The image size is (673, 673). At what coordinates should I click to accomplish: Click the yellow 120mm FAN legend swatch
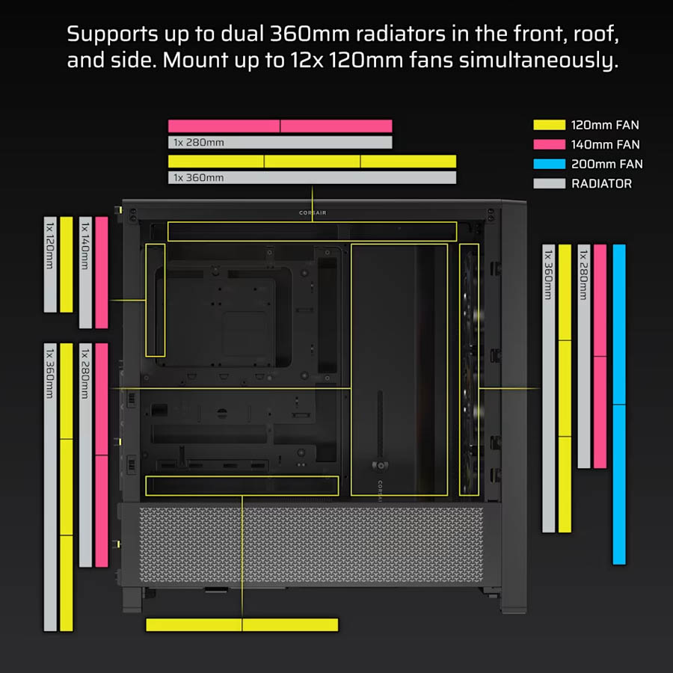point(549,125)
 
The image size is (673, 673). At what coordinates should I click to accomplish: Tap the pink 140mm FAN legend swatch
point(549,144)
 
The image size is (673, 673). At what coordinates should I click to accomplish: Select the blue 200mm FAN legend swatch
point(549,164)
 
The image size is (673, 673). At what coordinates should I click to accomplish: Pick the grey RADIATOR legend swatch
point(549,183)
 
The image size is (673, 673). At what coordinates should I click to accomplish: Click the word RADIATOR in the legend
point(601,184)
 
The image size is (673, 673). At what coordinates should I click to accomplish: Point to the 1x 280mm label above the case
point(198,142)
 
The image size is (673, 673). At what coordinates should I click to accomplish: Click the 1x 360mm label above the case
point(198,177)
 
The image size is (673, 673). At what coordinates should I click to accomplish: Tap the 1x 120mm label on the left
point(50,245)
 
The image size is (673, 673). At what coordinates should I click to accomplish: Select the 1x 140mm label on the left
point(85,245)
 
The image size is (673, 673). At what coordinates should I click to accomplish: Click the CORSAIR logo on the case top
point(313,212)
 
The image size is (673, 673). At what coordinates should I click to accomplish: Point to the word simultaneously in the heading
point(538,61)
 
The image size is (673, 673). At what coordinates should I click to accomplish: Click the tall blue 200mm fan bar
point(619,405)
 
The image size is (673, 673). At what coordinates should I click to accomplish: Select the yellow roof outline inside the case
point(312,222)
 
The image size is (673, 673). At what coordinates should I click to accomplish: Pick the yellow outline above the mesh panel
point(242,476)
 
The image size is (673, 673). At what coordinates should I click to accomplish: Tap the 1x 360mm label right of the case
point(548,274)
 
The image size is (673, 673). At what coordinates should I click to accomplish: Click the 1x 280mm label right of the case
point(583,275)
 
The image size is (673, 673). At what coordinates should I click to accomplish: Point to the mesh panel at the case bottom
point(311,545)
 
